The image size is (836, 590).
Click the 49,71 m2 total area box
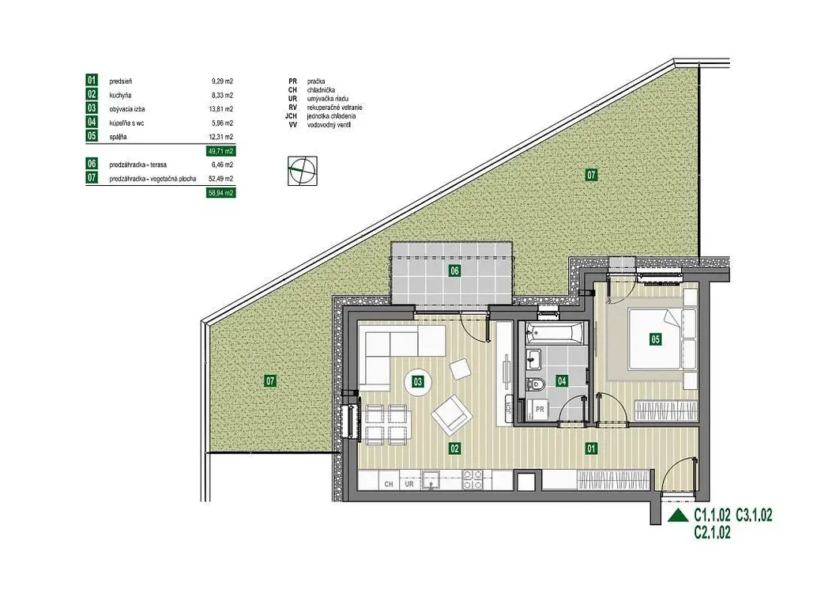click(x=220, y=152)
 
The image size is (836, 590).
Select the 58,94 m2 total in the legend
click(x=220, y=192)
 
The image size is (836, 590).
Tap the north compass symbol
click(x=303, y=171)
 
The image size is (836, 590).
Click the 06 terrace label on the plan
click(x=454, y=270)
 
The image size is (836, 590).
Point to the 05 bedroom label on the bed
click(x=655, y=338)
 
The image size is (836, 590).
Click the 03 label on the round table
click(x=417, y=381)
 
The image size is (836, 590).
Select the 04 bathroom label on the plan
click(x=562, y=381)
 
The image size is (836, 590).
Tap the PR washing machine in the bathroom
click(x=539, y=409)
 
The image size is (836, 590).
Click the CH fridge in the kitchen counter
click(x=389, y=484)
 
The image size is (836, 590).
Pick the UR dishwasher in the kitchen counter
click(x=409, y=484)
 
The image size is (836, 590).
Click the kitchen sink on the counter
click(x=431, y=479)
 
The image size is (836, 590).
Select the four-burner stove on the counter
click(x=472, y=479)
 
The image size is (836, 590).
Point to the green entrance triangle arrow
click(x=678, y=515)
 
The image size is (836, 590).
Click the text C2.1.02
click(x=712, y=531)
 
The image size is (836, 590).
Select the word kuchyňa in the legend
click(x=119, y=95)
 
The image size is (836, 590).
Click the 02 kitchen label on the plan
click(x=454, y=448)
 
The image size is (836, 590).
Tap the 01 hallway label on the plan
click(x=591, y=448)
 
